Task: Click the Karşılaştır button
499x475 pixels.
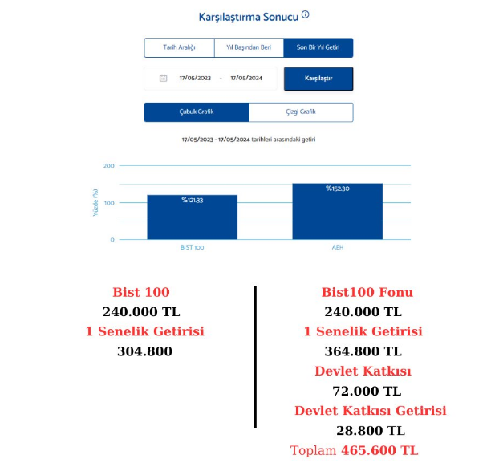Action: click(x=318, y=79)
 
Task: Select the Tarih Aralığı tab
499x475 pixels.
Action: click(x=179, y=48)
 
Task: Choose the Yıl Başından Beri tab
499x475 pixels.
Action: click(x=249, y=48)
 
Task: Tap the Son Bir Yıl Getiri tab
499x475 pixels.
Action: click(x=318, y=48)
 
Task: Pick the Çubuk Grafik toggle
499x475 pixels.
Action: click(x=197, y=112)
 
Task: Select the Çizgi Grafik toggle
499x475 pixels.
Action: click(x=301, y=112)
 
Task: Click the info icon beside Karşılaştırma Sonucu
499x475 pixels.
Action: click(x=306, y=15)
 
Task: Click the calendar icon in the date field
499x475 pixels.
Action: click(x=163, y=79)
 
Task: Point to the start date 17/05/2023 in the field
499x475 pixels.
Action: click(x=194, y=79)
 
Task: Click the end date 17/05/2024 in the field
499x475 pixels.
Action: click(x=246, y=79)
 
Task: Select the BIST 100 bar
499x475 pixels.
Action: click(x=192, y=217)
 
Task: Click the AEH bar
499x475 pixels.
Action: click(x=337, y=212)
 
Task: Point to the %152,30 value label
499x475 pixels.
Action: click(x=337, y=189)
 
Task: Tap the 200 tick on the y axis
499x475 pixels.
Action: click(x=109, y=166)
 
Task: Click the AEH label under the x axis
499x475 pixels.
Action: click(x=338, y=247)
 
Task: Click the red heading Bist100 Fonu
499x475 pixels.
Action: click(x=367, y=292)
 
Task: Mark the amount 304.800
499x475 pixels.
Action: click(x=144, y=351)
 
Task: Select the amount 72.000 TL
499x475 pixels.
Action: click(x=367, y=392)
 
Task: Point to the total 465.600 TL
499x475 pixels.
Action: click(x=379, y=451)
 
